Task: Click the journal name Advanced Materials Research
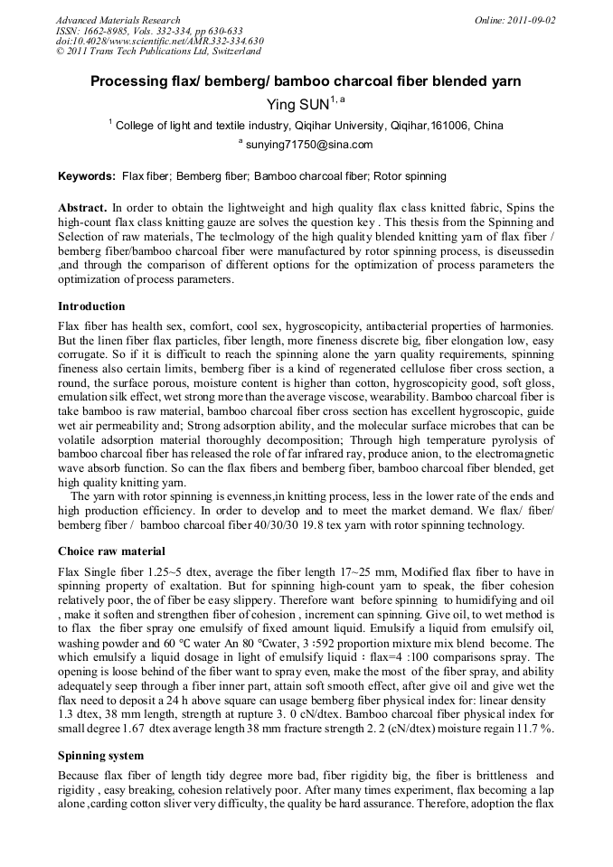click(x=118, y=20)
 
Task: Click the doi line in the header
click(x=159, y=42)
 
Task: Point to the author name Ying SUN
click(x=297, y=105)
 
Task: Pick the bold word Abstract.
click(x=82, y=208)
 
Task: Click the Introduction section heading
click(x=91, y=306)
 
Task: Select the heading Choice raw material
click(x=111, y=551)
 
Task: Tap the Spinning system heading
click(x=100, y=755)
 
